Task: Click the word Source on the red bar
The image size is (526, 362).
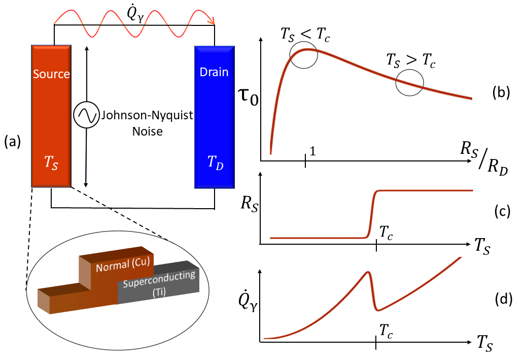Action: (51, 74)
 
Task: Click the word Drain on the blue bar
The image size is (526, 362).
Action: (214, 74)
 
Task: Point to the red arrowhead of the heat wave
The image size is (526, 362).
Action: (212, 21)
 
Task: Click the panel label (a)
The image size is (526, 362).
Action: (12, 142)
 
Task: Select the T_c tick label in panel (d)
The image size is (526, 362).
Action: (387, 332)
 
